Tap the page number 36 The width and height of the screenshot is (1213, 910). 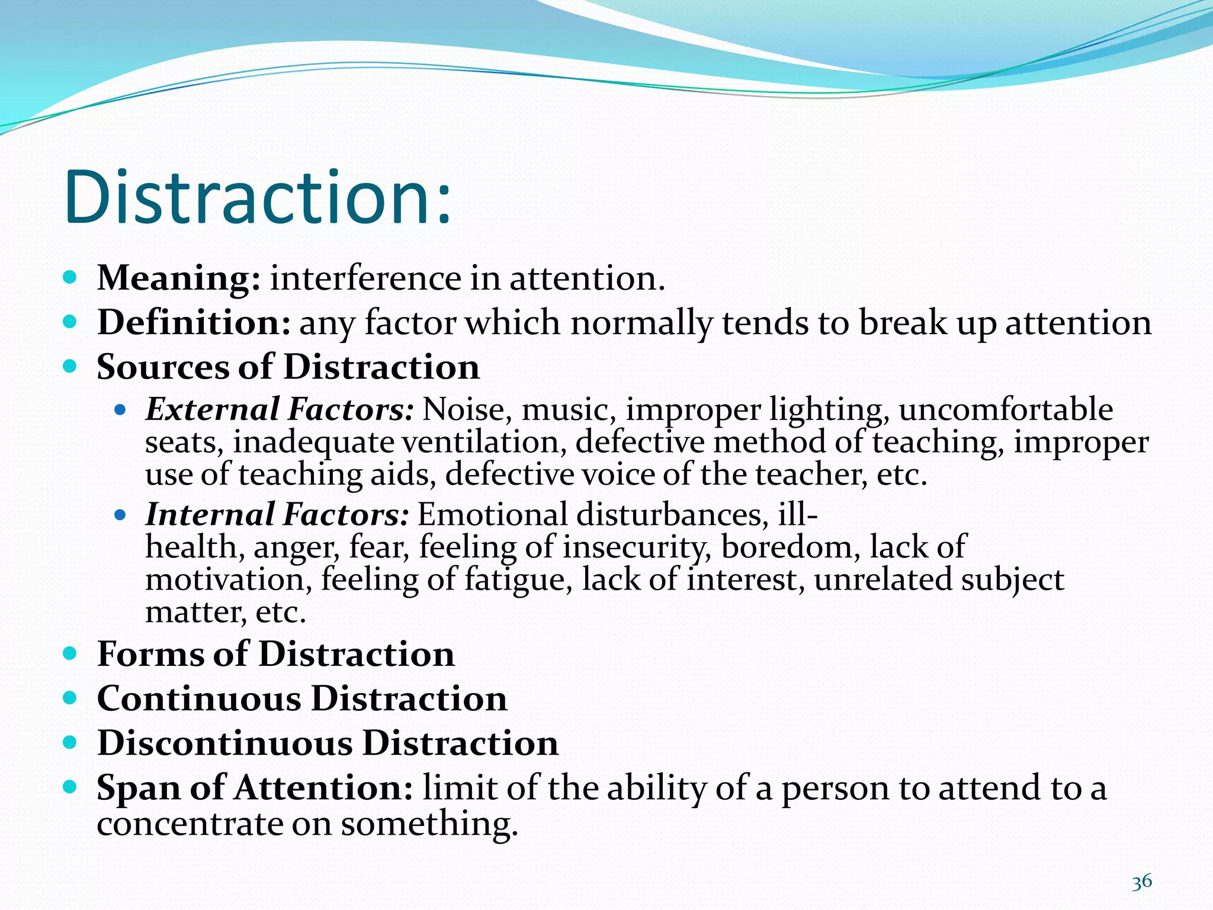(1142, 882)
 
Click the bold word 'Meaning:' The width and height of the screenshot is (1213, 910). (178, 278)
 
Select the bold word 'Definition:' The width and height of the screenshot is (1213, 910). (194, 322)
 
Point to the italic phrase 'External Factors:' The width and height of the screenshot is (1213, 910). (279, 409)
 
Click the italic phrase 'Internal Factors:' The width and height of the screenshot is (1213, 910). (277, 514)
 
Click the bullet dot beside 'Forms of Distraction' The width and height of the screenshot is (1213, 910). (70, 653)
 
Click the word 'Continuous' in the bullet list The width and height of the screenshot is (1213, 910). (199, 698)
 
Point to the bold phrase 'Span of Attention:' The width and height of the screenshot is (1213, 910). (254, 788)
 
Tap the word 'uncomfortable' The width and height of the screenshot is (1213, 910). (1005, 409)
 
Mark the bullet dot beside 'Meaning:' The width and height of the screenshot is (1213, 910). (70, 277)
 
